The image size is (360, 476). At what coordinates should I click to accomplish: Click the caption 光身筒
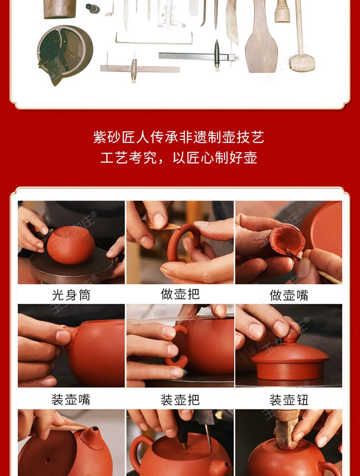coord(71,295)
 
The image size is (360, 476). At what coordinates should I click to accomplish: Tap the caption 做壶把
coord(180,294)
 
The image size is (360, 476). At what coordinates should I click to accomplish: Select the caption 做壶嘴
coord(289,295)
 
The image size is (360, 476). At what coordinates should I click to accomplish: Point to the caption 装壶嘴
coord(71,399)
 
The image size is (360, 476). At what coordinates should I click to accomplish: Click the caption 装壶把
coord(180,399)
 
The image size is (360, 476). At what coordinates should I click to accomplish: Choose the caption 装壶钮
coord(289,399)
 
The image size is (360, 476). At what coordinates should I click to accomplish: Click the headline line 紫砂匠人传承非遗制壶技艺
coord(179,137)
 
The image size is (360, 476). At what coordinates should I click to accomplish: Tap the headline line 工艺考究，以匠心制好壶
coord(179,158)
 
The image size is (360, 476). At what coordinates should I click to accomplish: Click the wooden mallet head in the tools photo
coord(302,62)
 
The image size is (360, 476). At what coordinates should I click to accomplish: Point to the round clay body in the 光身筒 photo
coord(71,245)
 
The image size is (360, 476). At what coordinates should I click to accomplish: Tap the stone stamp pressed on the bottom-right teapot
coord(287,429)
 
